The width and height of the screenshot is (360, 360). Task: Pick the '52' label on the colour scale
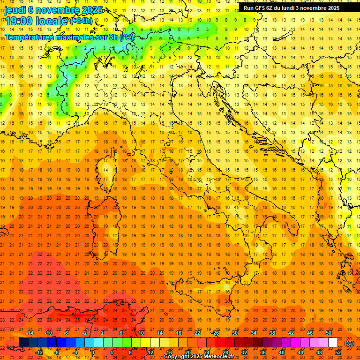click(x=338, y=352)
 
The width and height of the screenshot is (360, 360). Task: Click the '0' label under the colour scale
click(x=93, y=352)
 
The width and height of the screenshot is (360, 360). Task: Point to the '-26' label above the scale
click(x=215, y=332)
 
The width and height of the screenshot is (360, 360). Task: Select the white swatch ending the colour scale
click(x=333, y=343)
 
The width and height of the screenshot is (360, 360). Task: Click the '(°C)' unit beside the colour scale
click(x=350, y=343)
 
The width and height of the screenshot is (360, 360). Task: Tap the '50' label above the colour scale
click(x=329, y=332)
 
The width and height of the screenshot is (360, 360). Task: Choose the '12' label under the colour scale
click(x=150, y=352)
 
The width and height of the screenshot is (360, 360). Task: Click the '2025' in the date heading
click(x=92, y=10)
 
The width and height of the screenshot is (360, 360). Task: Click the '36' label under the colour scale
click(x=262, y=352)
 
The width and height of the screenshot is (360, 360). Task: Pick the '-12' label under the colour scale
click(x=39, y=352)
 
